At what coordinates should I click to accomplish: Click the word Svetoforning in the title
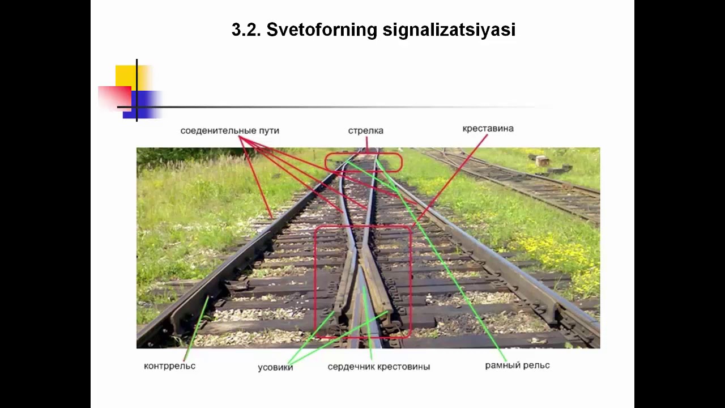tap(321, 30)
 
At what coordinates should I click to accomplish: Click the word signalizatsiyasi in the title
tap(449, 30)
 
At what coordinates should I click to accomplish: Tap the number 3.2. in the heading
tap(246, 30)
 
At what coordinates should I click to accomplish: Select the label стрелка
tap(365, 131)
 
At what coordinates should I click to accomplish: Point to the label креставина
tap(488, 129)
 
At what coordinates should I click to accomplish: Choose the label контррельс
tap(169, 366)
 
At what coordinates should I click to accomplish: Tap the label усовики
tap(275, 367)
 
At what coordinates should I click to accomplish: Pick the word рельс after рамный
tap(536, 365)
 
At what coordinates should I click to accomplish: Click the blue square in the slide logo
tap(144, 105)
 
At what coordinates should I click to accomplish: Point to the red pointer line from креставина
tap(453, 176)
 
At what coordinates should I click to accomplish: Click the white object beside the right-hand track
tap(542, 160)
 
